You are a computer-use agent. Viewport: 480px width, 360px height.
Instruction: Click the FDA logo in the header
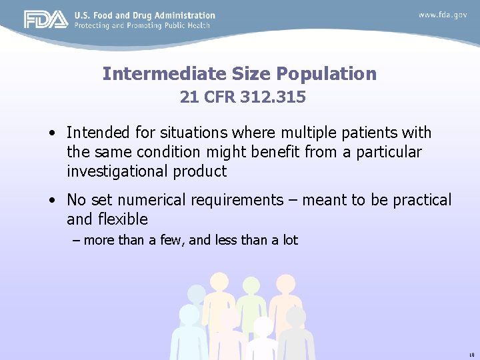point(45,19)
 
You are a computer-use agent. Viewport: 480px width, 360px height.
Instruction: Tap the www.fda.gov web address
point(443,15)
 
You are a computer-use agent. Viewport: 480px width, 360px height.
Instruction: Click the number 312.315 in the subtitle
point(273,97)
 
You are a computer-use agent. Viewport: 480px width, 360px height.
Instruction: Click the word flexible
point(123,219)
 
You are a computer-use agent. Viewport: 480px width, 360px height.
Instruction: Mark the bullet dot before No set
point(51,201)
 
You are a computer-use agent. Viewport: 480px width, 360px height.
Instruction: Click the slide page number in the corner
point(471,355)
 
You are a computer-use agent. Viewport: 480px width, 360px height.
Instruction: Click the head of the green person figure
point(251,286)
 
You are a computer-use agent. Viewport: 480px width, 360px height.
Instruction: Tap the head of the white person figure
point(263,327)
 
